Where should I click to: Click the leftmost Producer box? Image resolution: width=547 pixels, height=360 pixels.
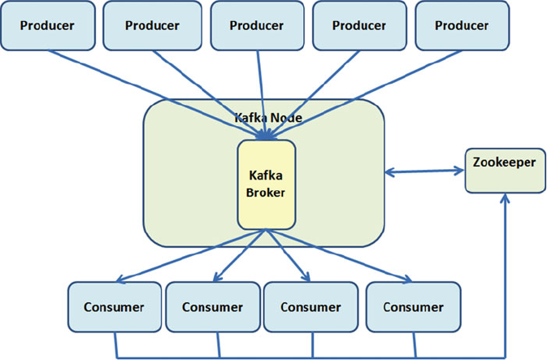(x=48, y=25)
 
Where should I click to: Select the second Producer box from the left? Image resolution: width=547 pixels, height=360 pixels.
(x=153, y=25)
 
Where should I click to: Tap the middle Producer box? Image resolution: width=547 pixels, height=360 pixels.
(x=257, y=25)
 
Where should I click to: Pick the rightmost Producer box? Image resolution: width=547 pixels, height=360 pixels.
(x=462, y=25)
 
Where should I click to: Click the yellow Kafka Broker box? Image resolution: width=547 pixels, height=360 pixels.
(x=267, y=185)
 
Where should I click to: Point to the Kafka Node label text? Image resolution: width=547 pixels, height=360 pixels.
(x=268, y=118)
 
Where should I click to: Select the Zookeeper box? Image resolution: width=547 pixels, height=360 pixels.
(x=505, y=171)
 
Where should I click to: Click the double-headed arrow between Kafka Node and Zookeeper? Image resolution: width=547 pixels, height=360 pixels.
(x=424, y=171)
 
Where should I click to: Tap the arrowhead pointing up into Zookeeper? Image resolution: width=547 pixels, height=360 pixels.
(x=505, y=198)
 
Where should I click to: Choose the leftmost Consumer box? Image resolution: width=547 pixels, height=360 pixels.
(x=115, y=307)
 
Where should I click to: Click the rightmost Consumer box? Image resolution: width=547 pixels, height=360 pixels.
(x=414, y=307)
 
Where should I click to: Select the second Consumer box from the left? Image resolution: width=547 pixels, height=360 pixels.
(x=213, y=307)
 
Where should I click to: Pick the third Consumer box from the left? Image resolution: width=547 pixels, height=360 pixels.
(x=310, y=307)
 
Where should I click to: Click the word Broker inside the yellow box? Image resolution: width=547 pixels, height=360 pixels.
(x=266, y=193)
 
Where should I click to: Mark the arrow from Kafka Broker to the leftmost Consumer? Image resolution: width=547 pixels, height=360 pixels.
(x=190, y=255)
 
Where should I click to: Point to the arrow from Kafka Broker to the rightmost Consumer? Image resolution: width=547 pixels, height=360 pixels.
(x=339, y=255)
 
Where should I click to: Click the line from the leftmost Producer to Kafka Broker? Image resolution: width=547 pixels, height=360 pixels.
(x=157, y=95)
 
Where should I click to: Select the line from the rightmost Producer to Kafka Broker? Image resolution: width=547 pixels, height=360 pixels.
(x=364, y=95)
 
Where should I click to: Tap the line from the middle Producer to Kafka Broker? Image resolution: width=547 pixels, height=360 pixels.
(x=262, y=95)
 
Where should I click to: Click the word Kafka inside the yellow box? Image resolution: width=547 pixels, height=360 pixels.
(x=266, y=175)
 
